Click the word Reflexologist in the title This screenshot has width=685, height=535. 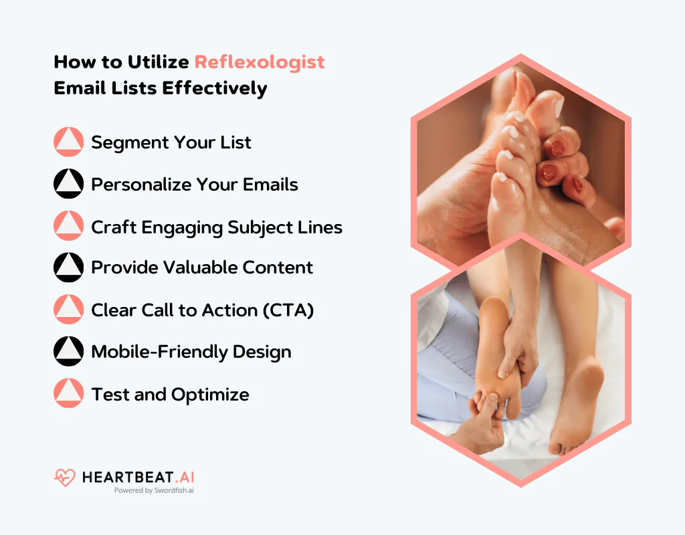[260, 62]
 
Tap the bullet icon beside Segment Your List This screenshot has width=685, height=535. [68, 142]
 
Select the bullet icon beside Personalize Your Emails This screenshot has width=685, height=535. [68, 184]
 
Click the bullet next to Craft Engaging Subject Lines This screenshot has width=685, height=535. [68, 226]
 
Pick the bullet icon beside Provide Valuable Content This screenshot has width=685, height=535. [68, 267]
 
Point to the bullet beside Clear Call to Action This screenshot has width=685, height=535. [68, 310]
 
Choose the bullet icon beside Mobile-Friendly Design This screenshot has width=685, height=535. [68, 352]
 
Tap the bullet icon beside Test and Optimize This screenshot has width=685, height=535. [68, 394]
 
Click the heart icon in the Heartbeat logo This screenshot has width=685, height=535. [65, 477]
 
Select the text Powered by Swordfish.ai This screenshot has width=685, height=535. [154, 490]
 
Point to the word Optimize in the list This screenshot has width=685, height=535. [210, 395]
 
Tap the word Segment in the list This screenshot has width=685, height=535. [130, 142]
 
